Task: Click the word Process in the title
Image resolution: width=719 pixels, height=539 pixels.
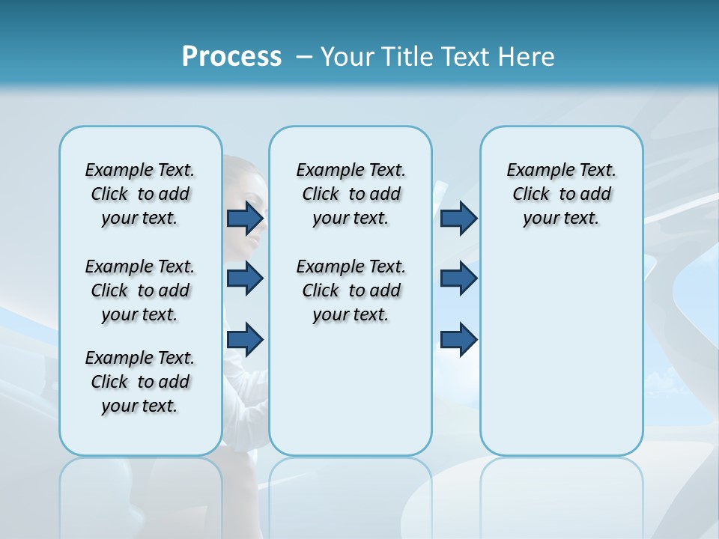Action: [231, 57]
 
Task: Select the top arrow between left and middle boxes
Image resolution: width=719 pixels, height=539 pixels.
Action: [245, 219]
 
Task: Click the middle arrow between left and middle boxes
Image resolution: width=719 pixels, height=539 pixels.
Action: [245, 278]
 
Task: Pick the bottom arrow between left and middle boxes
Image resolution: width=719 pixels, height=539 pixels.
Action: [245, 339]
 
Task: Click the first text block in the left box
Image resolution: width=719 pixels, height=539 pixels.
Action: [140, 194]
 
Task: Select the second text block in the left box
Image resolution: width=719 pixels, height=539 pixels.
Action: [140, 290]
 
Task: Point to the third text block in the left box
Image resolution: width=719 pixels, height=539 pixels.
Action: [140, 382]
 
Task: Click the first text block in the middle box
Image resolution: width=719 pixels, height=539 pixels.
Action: [351, 194]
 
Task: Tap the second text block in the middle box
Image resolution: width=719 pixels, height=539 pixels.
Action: [351, 290]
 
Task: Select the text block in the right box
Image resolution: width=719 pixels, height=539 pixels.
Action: [562, 194]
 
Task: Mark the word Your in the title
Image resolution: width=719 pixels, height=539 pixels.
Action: [347, 57]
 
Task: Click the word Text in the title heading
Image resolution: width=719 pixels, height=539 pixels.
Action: [464, 57]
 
